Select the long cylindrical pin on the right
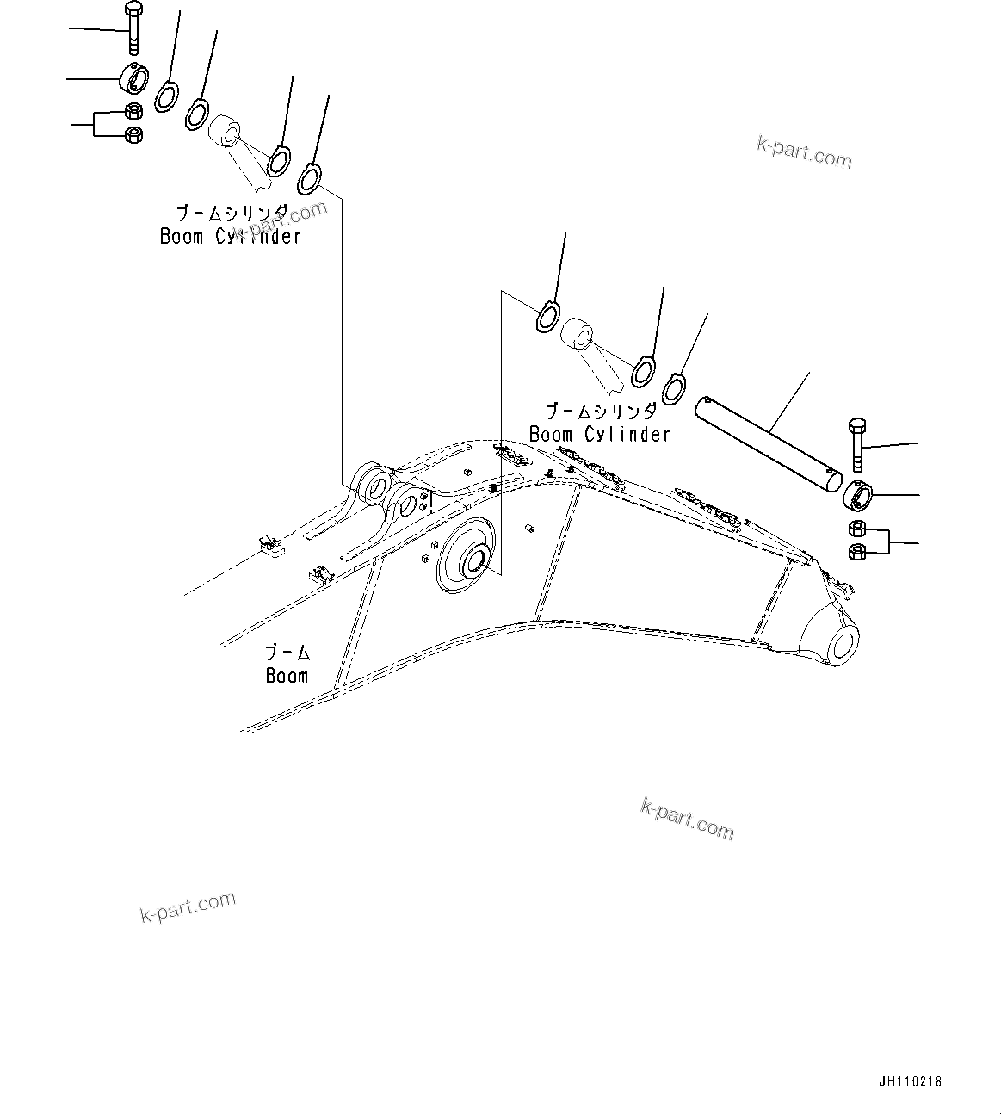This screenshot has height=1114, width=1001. (x=768, y=444)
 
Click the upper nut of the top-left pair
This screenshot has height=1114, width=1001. (x=133, y=110)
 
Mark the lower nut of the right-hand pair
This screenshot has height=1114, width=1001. (x=857, y=552)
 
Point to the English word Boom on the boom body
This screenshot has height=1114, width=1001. (x=287, y=676)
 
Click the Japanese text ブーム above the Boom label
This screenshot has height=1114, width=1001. (x=287, y=653)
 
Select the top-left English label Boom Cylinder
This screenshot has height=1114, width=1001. (x=231, y=236)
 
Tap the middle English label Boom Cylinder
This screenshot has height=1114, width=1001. (x=599, y=434)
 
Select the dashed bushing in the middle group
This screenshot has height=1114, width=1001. (x=578, y=334)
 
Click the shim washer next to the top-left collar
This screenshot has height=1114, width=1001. (x=166, y=96)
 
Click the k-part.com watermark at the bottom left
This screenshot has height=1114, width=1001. (x=188, y=907)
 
